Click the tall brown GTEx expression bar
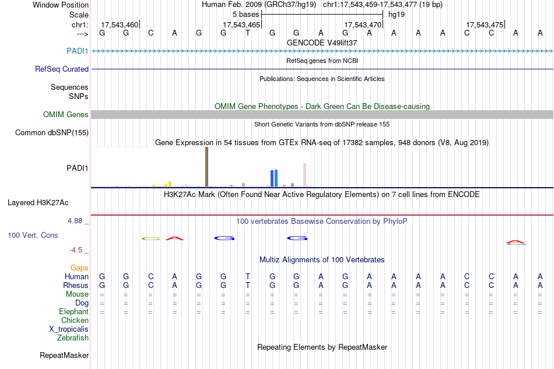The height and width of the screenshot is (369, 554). pyautogui.click(x=206, y=167)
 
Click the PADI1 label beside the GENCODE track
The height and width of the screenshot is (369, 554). pyautogui.click(x=78, y=51)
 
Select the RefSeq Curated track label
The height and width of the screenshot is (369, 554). pyautogui.click(x=62, y=69)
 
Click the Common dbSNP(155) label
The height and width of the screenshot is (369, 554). pyautogui.click(x=52, y=133)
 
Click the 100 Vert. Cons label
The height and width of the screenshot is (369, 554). pyautogui.click(x=33, y=235)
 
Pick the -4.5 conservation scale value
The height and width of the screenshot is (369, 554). pyautogui.click(x=76, y=250)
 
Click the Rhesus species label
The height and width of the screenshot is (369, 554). pyautogui.click(x=76, y=286)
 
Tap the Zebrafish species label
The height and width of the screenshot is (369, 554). pyautogui.click(x=73, y=338)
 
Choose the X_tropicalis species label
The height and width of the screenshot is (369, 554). pyautogui.click(x=69, y=329)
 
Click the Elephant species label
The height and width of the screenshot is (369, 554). pyautogui.click(x=73, y=312)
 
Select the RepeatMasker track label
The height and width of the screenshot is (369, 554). pyautogui.click(x=64, y=355)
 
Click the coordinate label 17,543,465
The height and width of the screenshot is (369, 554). pyautogui.click(x=241, y=24)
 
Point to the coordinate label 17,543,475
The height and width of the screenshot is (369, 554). pyautogui.click(x=485, y=24)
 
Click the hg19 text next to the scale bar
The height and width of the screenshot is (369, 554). pyautogui.click(x=397, y=14)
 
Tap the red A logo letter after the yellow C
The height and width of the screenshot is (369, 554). pyautogui.click(x=174, y=238)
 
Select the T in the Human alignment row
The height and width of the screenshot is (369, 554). pyautogui.click(x=248, y=276)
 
